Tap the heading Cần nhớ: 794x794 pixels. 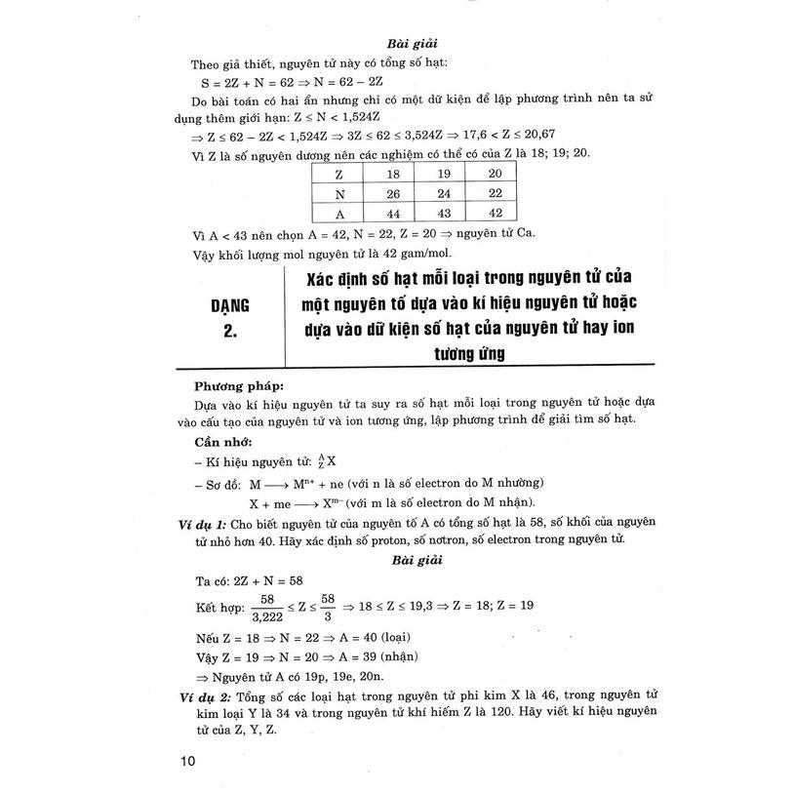point(221,440)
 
